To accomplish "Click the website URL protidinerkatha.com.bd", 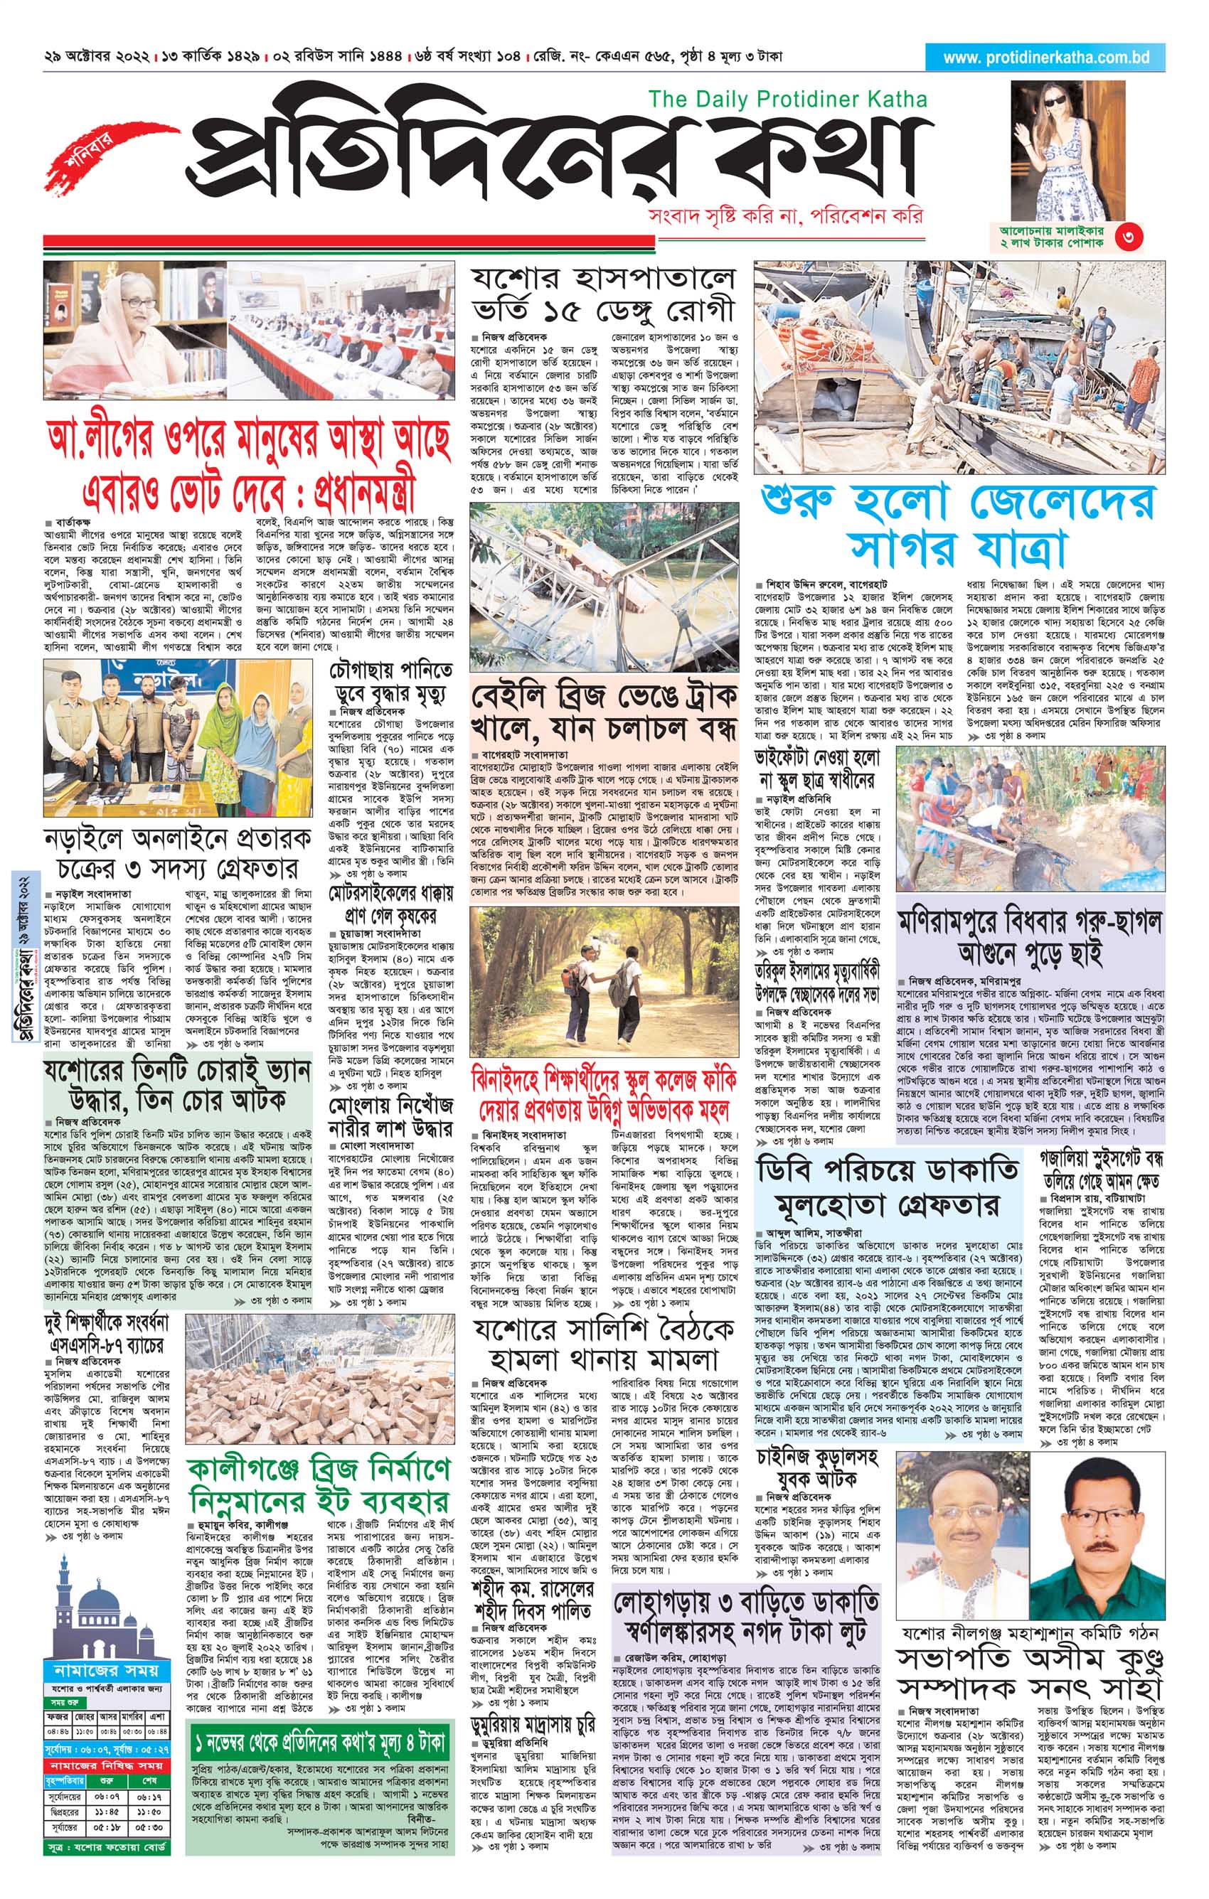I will click(1045, 58).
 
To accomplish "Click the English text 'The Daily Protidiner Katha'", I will click(787, 100).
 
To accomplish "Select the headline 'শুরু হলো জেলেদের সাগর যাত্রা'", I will click(957, 525).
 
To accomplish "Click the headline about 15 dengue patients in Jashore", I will click(603, 294).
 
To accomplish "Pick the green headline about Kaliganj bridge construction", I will click(319, 1482).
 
